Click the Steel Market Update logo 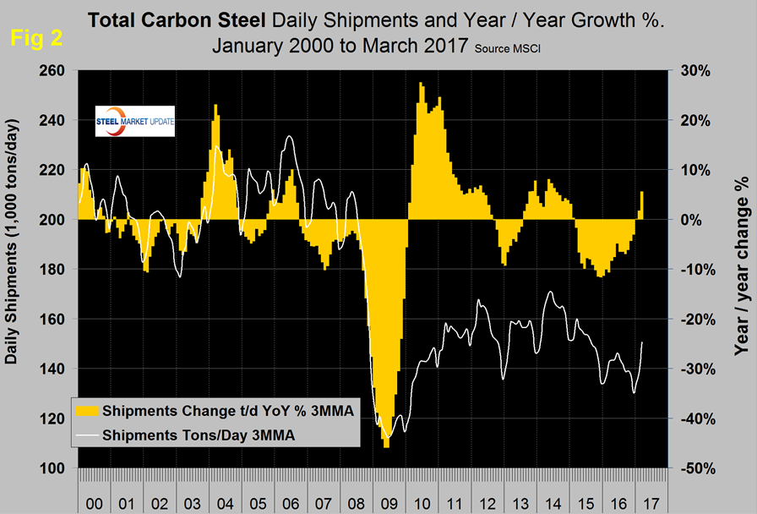click(136, 121)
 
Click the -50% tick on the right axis click(690, 468)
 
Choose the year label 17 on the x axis click(650, 504)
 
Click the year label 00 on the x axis click(95, 504)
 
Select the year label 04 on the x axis click(226, 504)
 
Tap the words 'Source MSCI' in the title click(510, 51)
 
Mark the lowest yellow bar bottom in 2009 click(386, 446)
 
